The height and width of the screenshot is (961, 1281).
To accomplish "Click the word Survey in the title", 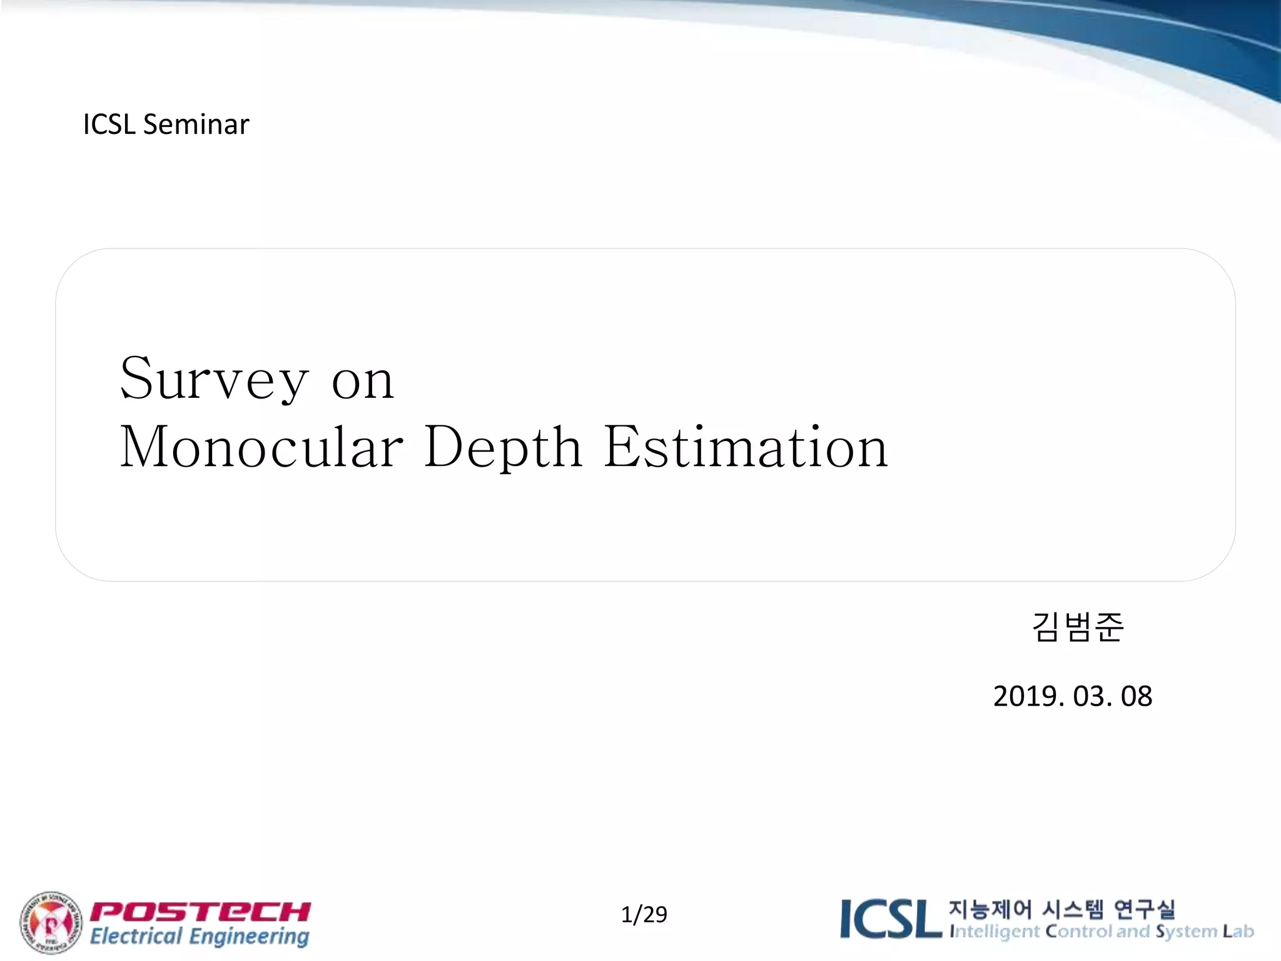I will (214, 380).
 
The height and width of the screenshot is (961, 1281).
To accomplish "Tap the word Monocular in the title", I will (261, 447).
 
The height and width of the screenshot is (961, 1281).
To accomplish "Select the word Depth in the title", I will (503, 449).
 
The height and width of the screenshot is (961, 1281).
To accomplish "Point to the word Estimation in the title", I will (746, 447).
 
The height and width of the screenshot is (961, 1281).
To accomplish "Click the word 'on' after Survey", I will (363, 382).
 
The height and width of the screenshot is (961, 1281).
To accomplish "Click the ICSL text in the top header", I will (109, 125).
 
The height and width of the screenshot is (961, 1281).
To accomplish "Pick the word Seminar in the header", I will (196, 125).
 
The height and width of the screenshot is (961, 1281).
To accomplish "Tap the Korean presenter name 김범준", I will (1077, 628).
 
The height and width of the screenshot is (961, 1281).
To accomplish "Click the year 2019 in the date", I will (1027, 696).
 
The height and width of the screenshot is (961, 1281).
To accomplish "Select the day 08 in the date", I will (1136, 696).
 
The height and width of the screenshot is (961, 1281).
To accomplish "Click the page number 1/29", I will (644, 915).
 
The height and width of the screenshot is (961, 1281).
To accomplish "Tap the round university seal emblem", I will (51, 923).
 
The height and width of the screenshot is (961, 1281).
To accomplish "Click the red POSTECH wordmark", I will (200, 912).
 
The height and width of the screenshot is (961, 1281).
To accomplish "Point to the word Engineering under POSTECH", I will (249, 937).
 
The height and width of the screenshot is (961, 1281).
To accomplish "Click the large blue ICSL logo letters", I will (891, 919).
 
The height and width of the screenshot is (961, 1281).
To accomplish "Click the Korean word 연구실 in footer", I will (1145, 909).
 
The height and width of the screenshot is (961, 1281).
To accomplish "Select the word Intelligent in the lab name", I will (995, 932).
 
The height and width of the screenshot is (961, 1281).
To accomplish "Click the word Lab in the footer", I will (1238, 932).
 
